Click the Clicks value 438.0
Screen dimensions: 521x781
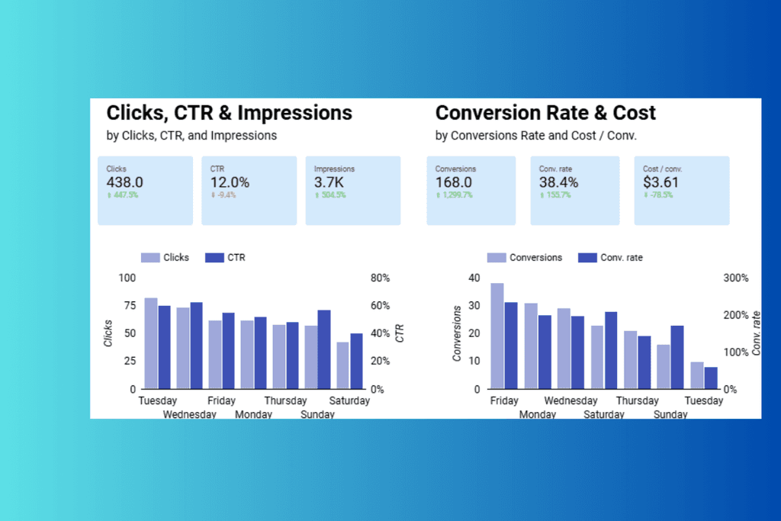[x=125, y=182]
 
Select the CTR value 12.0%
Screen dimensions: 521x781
[x=230, y=182]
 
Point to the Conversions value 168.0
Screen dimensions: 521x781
[x=454, y=182]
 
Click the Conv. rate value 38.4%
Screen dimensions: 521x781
[x=558, y=182]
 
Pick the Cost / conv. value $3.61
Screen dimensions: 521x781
[x=660, y=182]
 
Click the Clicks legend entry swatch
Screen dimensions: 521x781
[x=149, y=258]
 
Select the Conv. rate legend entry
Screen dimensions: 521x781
[x=610, y=258]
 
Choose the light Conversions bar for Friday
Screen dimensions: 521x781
[x=497, y=336]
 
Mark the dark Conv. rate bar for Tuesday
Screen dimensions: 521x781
[x=711, y=378]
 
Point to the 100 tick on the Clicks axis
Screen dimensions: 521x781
[x=127, y=278]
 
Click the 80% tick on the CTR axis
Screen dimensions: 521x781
[x=381, y=278]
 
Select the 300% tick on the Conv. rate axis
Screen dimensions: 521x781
[x=736, y=278]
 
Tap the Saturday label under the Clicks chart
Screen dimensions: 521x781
[x=349, y=401]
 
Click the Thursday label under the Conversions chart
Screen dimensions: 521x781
[x=637, y=401]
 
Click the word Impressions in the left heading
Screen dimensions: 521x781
[x=295, y=114]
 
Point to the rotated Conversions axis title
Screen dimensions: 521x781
[x=458, y=333]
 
